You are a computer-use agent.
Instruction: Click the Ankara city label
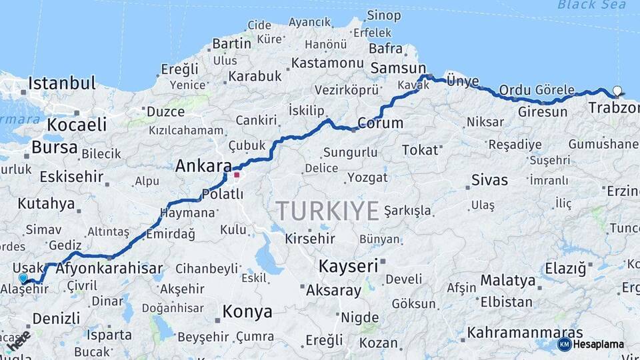pos(203,167)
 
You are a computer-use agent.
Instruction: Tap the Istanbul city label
pos(62,84)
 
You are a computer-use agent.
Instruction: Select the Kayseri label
pos(348,265)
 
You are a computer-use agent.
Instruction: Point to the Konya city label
pos(247,311)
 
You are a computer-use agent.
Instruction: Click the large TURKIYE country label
pos(328,211)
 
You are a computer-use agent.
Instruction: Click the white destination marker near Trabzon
pos(617,91)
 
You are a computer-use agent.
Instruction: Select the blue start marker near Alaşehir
pos(23,278)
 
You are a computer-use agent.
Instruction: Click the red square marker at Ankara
pos(237,175)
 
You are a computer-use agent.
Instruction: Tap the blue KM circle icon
pos(564,344)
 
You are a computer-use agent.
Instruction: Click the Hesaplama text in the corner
pos(599,345)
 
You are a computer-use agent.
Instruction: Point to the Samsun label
pos(398,68)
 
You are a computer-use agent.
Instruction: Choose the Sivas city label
pos(489,180)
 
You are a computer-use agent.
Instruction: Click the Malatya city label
pos(508,280)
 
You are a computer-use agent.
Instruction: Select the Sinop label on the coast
pos(384,15)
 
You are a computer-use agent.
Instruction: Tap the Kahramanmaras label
pos(525,332)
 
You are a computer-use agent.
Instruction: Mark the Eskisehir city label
pos(71,177)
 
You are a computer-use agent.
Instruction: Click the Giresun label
pos(543,111)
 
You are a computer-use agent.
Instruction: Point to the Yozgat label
pos(367,177)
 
